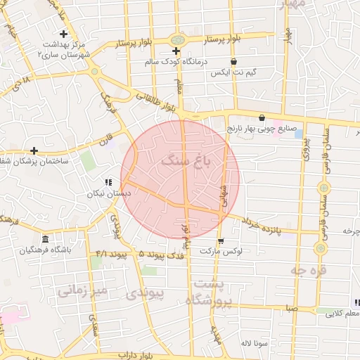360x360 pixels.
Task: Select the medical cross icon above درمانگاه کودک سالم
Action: tap(176, 51)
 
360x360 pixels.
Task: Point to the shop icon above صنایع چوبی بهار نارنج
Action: tap(262, 118)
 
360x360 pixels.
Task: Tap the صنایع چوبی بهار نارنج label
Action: tap(258, 129)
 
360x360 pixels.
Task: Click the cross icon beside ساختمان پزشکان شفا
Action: tap(34, 150)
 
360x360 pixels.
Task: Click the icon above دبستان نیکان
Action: tap(108, 181)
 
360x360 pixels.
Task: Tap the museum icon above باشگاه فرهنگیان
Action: tap(45, 238)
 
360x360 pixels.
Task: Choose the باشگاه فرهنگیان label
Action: tap(45, 249)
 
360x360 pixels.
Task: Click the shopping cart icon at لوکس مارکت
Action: tap(221, 240)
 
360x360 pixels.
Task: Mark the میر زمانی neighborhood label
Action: tap(82, 290)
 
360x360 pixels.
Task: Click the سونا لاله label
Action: tap(251, 343)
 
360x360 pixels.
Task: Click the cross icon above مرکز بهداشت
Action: tap(64, 34)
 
